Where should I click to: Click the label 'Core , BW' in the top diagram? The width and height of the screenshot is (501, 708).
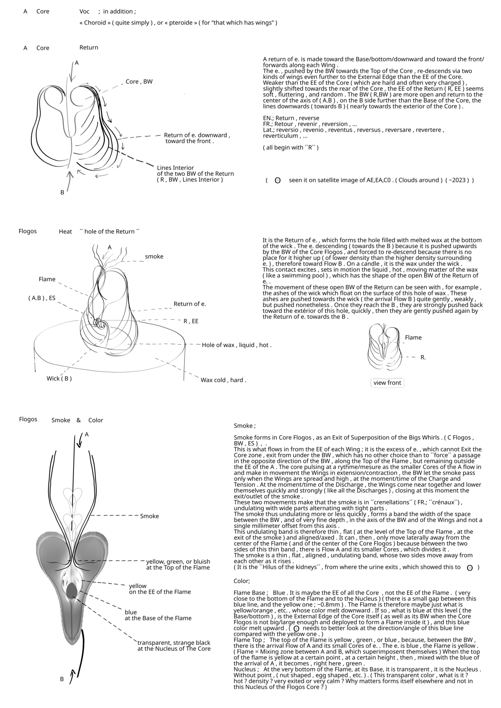(139, 82)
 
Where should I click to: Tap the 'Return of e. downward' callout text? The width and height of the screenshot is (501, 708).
(196, 135)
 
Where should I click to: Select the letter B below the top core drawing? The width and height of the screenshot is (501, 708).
(62, 193)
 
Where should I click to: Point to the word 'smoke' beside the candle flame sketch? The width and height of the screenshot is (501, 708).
(154, 257)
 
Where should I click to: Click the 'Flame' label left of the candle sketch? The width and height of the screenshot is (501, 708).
(47, 279)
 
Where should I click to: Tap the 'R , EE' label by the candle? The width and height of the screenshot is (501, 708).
(191, 321)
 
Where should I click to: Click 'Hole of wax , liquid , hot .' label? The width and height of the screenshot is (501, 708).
(236, 345)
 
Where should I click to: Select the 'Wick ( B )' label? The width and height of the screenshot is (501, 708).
(59, 378)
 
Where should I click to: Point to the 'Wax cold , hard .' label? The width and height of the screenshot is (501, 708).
(223, 380)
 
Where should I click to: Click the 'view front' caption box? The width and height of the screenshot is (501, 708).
(387, 383)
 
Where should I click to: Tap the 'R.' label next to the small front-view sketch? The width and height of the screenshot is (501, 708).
(423, 358)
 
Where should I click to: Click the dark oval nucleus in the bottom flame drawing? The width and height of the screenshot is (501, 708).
(72, 590)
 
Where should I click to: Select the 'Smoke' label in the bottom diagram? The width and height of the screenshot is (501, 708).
(149, 516)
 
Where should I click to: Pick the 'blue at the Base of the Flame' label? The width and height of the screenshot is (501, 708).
(158, 615)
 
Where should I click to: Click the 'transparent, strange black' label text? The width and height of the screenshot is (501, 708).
(174, 643)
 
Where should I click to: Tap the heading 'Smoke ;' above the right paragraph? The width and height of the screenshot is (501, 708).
(245, 426)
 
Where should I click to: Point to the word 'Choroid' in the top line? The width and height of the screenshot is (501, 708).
(95, 23)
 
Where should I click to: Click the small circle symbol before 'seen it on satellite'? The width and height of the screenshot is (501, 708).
(277, 181)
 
